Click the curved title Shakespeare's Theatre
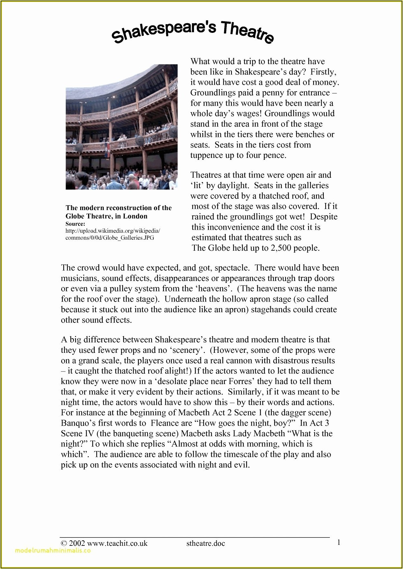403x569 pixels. tap(193, 32)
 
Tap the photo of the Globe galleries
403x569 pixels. tap(121, 127)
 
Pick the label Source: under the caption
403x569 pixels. tap(75, 224)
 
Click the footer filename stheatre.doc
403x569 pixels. tap(206, 543)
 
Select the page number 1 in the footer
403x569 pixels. tap(339, 543)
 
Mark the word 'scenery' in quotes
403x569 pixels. tap(183, 350)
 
